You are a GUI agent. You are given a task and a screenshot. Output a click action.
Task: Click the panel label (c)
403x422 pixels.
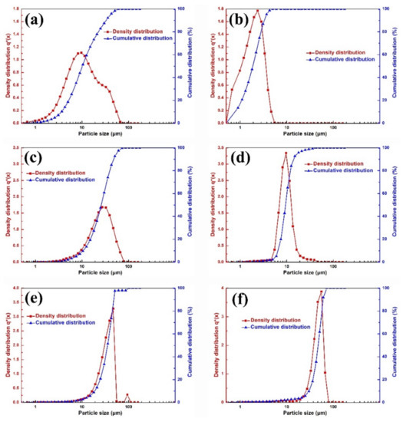click(x=40, y=160)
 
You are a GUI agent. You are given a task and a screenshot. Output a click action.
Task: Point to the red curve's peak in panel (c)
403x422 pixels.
click(x=104, y=207)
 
